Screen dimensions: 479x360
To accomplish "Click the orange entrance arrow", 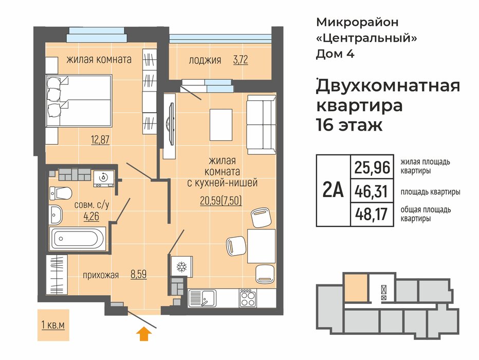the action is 144,334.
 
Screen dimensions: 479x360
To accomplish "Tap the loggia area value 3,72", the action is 241,60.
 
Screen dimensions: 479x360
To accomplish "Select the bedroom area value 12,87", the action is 100,139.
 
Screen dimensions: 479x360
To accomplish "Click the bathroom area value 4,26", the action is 91,217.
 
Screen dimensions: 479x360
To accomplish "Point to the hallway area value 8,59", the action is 139,275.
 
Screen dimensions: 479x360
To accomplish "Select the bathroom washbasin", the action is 56,214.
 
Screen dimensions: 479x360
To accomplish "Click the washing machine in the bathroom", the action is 104,178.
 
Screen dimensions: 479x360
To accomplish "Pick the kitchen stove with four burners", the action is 248,298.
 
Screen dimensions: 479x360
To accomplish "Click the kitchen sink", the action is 202,298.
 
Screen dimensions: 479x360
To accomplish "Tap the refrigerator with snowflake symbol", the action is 182,266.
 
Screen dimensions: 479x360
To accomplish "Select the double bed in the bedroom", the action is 79,101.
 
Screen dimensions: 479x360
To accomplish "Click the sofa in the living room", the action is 262,124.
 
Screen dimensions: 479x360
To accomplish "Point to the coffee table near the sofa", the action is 221,124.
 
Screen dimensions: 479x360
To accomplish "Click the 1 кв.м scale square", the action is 53,325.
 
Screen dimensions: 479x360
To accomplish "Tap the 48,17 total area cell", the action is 372,214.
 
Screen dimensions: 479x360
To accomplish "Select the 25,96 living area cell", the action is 372,167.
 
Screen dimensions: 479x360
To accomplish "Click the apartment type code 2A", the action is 333,190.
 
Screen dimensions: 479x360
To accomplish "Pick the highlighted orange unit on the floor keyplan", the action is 356,287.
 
